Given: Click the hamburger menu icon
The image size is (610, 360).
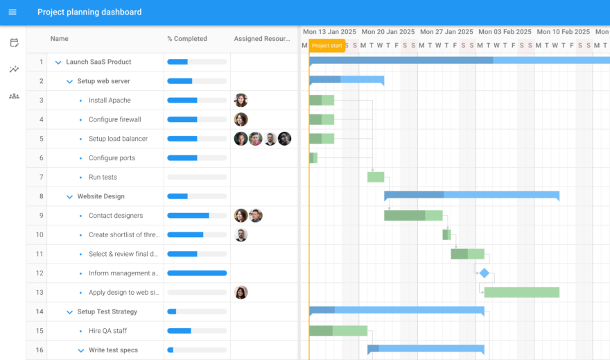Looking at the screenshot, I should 12,12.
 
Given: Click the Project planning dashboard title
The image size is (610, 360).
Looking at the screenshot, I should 89,12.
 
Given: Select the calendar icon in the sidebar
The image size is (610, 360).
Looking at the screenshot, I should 14,43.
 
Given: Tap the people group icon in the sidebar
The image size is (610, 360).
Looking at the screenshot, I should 14,96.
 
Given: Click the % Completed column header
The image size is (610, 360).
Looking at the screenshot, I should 187,39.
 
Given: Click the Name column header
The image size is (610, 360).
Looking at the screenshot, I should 60,39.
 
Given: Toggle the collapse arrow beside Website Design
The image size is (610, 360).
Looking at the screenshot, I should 69,196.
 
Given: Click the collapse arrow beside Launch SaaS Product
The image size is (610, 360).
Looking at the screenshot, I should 58,62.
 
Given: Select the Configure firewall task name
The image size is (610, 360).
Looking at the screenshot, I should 114,119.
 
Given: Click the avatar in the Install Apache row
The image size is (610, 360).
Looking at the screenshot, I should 241,100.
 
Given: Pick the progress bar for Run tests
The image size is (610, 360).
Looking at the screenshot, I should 197,177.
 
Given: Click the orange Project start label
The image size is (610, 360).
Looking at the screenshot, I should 327,46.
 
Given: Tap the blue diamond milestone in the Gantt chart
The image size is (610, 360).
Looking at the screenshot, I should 484,273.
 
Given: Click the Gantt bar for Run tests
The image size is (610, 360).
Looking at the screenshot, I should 376,177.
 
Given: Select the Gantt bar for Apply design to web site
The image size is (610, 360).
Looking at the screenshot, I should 521,292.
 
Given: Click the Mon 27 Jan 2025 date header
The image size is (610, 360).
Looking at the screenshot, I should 446,32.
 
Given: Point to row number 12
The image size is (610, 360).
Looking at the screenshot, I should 41,273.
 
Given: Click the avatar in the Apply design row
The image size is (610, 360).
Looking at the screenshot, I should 241,292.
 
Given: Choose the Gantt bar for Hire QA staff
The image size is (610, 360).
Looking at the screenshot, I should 338,330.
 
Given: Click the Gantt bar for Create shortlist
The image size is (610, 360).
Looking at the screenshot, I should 446,234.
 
